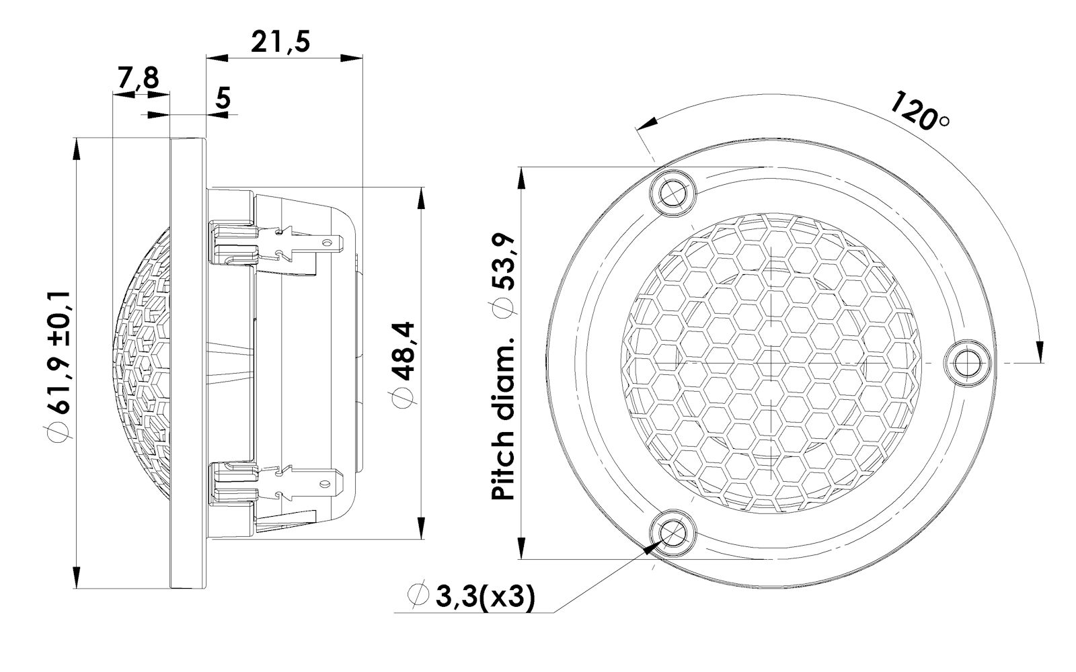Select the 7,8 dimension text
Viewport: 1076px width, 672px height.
pyautogui.click(x=139, y=79)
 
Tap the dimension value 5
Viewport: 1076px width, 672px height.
pyautogui.click(x=223, y=98)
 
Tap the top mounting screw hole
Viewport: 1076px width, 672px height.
pyautogui.click(x=672, y=194)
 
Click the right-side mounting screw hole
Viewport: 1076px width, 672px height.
pyautogui.click(x=968, y=363)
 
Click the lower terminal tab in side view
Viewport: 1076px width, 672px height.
pyautogui.click(x=316, y=481)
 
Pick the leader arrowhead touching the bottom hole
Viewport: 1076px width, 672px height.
pyautogui.click(x=651, y=548)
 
